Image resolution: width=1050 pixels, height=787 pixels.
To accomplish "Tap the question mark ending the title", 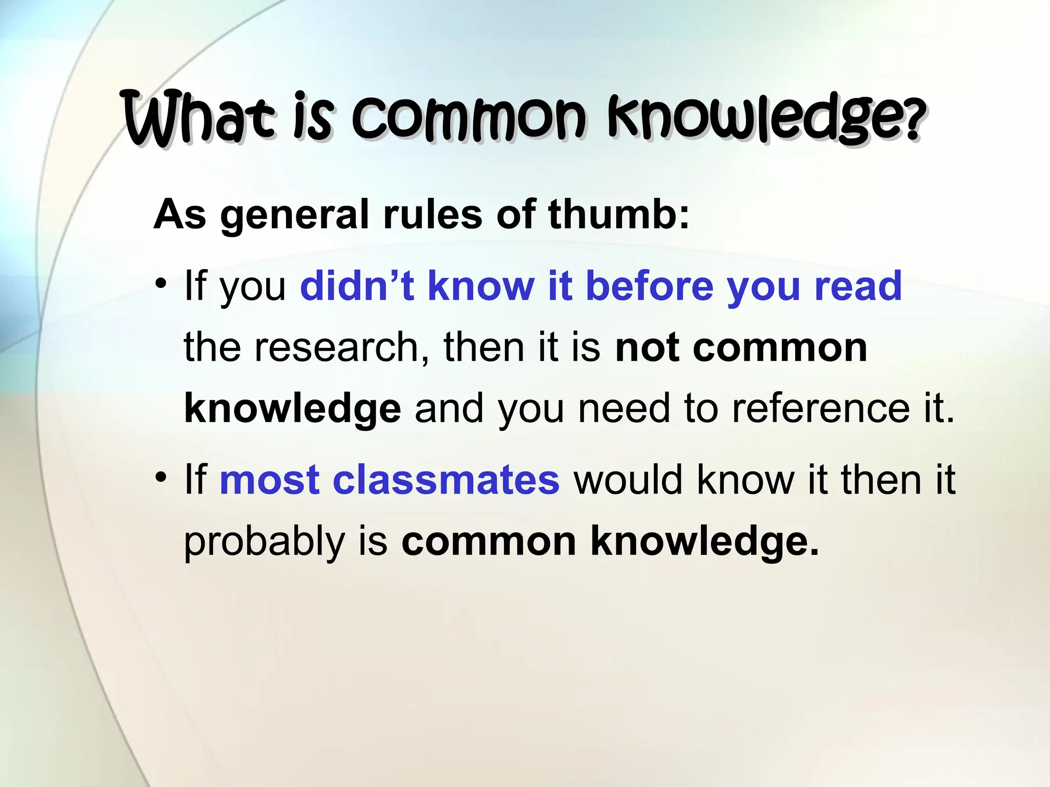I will point(914,121).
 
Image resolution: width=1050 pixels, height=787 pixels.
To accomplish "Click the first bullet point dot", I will point(161,283).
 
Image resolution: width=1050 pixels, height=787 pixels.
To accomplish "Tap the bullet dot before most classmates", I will point(161,477).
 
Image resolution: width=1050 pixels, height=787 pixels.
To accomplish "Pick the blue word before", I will point(649,285).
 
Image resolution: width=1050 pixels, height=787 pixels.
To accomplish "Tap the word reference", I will point(821,408).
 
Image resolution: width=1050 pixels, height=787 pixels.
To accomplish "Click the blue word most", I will point(270,480).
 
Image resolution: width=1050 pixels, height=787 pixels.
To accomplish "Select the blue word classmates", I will point(446,480).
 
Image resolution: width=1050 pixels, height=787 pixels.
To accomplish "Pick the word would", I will point(628,480).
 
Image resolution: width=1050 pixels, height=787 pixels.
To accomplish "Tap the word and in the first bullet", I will point(449,408).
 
